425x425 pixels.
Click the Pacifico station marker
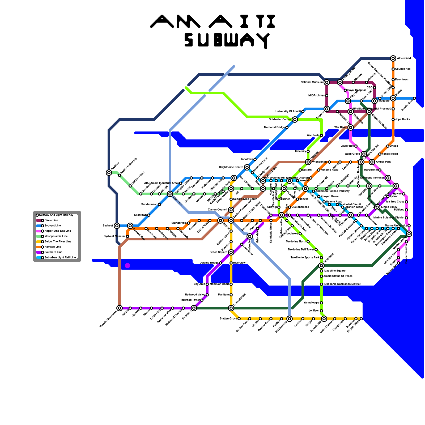(109, 173)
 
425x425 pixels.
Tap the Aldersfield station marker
(393, 58)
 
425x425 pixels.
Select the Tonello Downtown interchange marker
(120, 308)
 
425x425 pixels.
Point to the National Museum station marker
(327, 82)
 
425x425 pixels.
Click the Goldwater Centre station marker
(295, 120)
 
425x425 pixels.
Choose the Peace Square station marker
(231, 252)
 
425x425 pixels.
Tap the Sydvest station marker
(117, 226)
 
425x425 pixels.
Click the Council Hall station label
(403, 69)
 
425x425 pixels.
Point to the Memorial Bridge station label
(274, 127)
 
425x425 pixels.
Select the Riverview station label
(239, 263)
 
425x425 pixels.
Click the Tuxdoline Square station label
(334, 271)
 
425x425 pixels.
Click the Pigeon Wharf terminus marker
(361, 319)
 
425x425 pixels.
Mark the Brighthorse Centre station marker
(247, 167)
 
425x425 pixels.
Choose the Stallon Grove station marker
(239, 319)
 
